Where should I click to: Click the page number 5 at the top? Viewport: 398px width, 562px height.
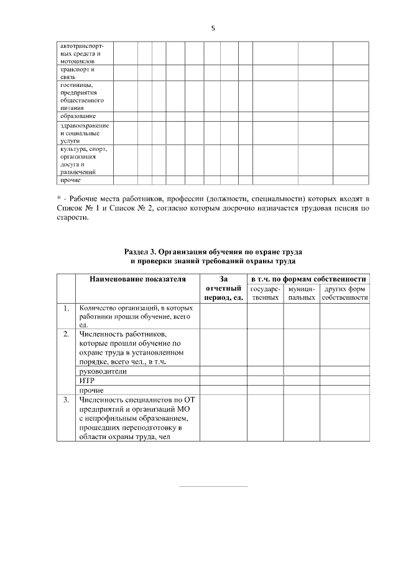[213, 28]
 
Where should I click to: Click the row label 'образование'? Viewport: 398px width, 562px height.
[78, 116]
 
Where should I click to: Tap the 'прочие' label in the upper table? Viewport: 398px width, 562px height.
[70, 180]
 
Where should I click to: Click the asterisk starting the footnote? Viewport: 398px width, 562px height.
[58, 198]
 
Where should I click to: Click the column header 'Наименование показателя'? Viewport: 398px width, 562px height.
[137, 280]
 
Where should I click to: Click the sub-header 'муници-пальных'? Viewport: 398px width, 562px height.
[302, 294]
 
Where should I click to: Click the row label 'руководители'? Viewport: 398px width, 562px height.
[103, 371]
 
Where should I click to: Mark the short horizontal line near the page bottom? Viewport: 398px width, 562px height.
[213, 486]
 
